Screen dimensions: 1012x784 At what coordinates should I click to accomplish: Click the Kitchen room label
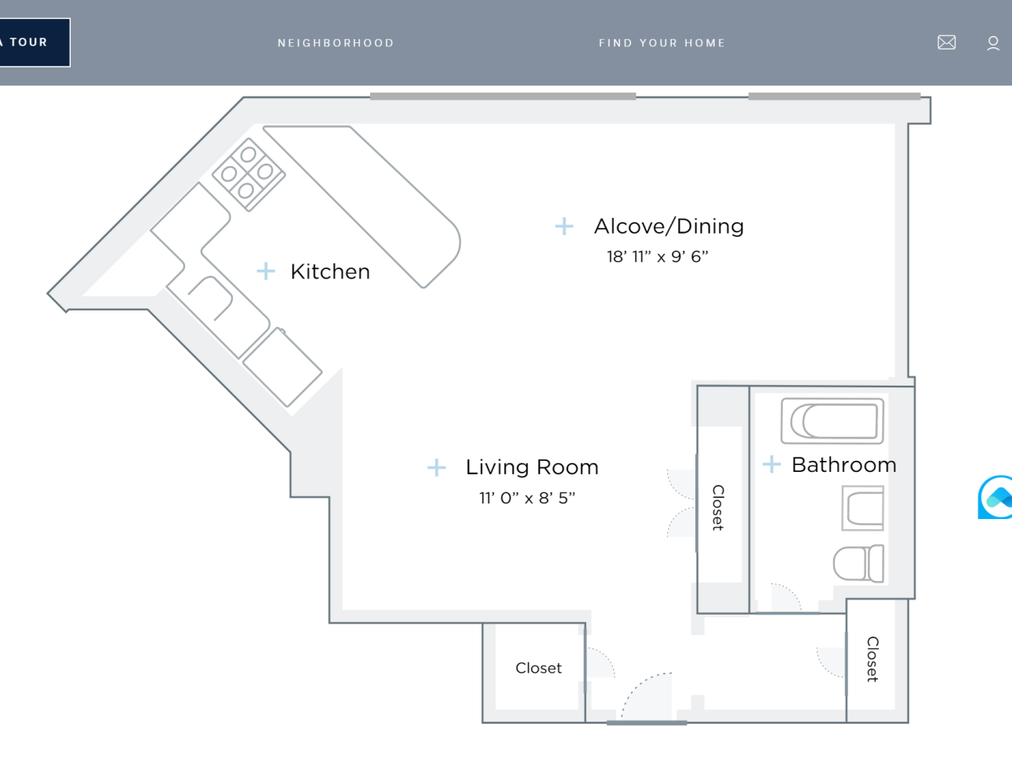point(330,271)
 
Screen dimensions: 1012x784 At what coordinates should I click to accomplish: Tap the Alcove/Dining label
point(669,227)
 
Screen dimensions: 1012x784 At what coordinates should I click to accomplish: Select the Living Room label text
point(531,467)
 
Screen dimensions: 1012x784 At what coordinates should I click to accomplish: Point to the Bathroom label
point(843,465)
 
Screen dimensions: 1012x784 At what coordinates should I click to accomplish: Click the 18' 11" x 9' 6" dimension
point(657,257)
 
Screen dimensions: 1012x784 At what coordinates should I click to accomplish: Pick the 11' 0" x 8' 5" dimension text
point(527,498)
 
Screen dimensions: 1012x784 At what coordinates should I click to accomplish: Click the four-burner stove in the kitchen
point(248,174)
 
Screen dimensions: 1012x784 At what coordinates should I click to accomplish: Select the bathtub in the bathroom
point(832,421)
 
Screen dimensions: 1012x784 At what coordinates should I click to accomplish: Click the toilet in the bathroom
point(858,563)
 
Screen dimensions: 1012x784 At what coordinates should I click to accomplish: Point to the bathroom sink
point(863,507)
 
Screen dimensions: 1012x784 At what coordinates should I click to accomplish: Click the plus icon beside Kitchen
point(266,271)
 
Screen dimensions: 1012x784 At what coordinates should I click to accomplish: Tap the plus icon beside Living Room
point(436,468)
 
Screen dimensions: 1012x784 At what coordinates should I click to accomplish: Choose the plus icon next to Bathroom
point(771,465)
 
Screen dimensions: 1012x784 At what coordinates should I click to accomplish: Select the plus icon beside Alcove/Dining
point(564,227)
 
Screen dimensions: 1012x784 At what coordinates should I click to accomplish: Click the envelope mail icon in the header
point(946,42)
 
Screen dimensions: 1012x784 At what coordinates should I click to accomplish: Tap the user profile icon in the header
point(992,43)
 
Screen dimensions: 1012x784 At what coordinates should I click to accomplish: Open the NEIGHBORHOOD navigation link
point(336,43)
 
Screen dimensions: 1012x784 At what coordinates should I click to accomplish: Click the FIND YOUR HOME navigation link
point(662,43)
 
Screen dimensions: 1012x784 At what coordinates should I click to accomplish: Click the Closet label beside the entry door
point(539,668)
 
